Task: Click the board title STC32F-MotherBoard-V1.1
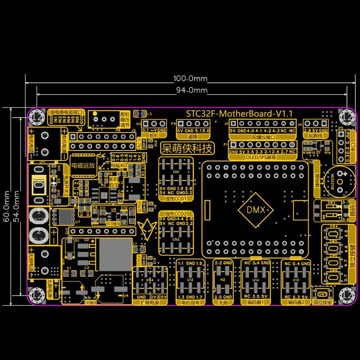pyautogui.click(x=240, y=114)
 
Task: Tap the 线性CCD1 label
pyautogui.click(x=175, y=198)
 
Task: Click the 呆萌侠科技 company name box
pyautogui.click(x=189, y=148)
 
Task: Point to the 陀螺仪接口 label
pyautogui.click(x=262, y=135)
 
